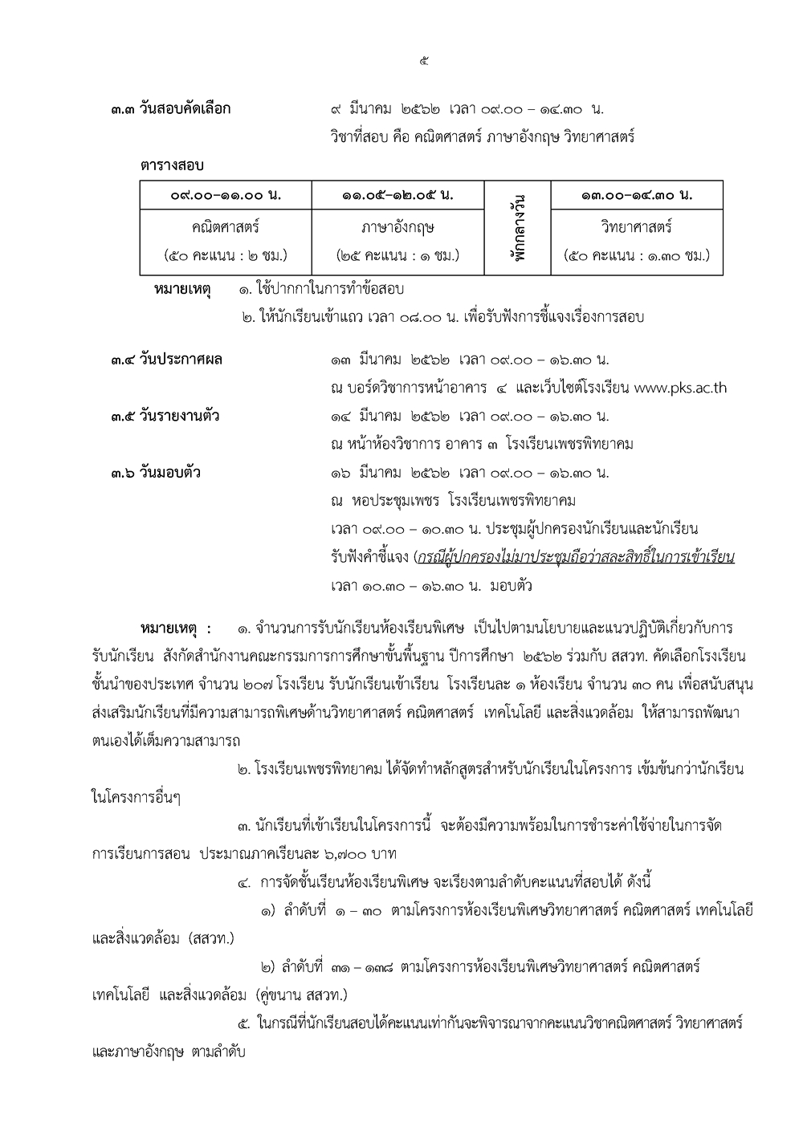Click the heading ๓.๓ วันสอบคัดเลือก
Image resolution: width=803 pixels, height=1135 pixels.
171,108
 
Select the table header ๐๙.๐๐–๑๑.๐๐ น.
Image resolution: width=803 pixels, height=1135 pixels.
226,195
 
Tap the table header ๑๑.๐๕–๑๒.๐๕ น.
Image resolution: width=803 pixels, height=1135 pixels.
397,195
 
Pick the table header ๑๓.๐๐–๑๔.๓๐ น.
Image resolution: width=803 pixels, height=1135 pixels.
637,195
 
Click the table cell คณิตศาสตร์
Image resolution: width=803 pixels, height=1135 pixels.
226,227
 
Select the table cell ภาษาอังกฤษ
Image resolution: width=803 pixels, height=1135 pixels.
397,227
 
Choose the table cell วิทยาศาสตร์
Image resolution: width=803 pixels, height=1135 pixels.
637,227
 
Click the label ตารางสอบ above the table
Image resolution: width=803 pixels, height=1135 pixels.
172,165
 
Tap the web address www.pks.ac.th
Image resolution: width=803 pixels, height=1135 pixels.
680,388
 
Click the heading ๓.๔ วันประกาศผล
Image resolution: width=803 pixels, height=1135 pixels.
167,360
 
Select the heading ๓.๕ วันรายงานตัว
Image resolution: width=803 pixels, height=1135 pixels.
165,416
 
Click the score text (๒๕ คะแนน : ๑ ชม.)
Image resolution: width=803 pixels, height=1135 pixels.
397,256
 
